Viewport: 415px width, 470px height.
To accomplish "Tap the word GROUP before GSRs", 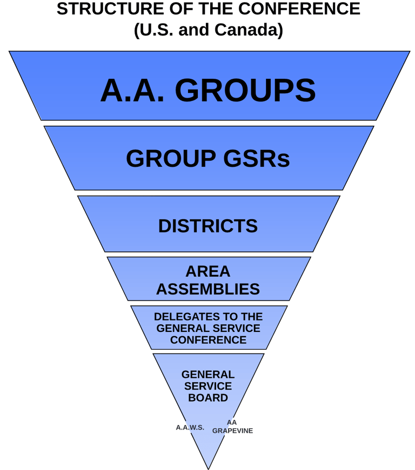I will (x=172, y=159).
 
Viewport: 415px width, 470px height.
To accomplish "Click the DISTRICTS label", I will (x=208, y=226).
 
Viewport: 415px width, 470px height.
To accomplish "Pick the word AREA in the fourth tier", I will (x=208, y=271).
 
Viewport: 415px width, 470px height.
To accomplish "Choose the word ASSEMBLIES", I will (x=208, y=289).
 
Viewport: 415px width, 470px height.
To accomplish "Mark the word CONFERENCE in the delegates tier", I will (x=208, y=340).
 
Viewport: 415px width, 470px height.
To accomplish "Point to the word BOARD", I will (x=208, y=398).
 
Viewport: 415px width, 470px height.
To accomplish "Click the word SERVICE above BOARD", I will (x=208, y=386).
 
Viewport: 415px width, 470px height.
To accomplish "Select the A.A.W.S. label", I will (x=190, y=427).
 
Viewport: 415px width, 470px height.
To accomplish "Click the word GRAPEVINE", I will (x=232, y=431).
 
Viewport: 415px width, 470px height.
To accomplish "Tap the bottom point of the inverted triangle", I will (x=209, y=468).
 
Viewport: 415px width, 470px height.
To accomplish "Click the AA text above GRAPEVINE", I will (x=232, y=423).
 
